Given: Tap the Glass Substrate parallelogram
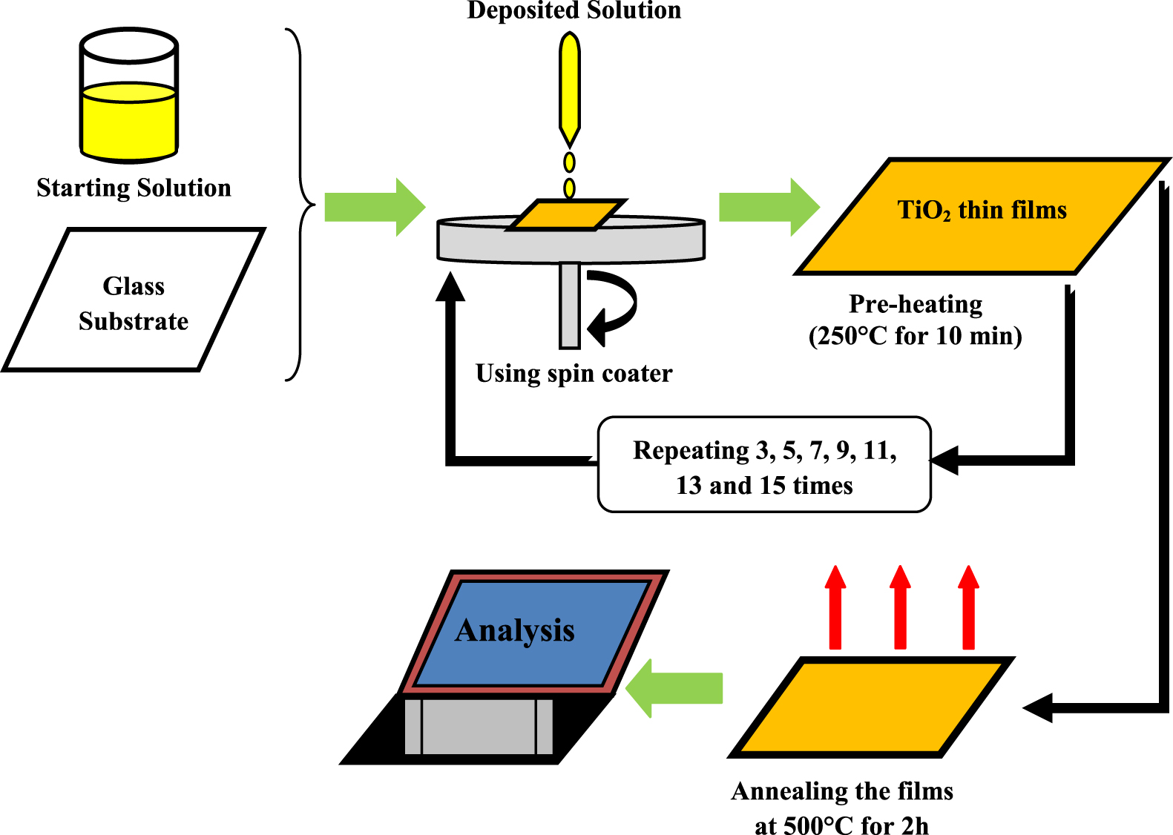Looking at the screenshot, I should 134,300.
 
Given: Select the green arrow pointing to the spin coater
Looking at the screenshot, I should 375,207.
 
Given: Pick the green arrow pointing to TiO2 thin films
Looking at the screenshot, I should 769,207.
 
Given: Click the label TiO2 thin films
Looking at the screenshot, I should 982,211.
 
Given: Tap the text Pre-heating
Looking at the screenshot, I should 916,304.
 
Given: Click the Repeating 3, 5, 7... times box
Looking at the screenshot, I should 764,465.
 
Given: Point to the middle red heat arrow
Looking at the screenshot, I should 900,608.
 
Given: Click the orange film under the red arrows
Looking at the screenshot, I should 870,707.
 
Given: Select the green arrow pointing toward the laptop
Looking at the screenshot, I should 674,688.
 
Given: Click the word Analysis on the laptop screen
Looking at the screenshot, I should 515,630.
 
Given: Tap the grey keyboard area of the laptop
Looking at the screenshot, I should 479,727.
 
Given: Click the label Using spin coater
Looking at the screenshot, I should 574,373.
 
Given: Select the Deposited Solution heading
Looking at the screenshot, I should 574,10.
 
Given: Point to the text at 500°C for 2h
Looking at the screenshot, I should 841,825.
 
